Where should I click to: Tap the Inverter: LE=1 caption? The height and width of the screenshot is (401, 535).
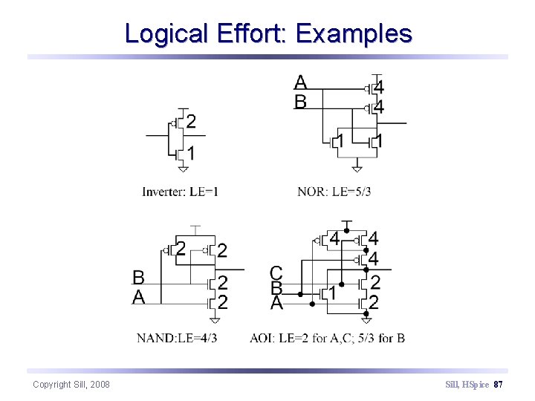coord(180,192)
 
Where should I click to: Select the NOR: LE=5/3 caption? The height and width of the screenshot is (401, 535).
coord(334,192)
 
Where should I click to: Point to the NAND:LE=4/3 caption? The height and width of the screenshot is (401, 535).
coord(177,338)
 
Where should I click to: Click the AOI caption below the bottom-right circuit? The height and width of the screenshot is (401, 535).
coord(327,338)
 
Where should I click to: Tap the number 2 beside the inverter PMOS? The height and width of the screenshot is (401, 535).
coord(191,122)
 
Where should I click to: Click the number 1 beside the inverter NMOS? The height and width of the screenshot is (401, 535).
coord(191,154)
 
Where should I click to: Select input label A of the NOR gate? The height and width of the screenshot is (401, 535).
coord(300,82)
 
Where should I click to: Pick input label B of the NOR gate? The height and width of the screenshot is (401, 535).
coord(300,102)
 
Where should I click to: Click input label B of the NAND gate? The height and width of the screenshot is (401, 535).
coord(138,278)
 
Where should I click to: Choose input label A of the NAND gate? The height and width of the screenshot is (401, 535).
coord(138,297)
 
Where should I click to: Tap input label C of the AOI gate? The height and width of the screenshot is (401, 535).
coord(276,273)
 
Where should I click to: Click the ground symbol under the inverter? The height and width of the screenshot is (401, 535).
coord(182,168)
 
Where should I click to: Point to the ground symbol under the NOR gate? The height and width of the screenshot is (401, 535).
coord(357,168)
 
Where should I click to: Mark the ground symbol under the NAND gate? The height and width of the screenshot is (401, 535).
coord(215,319)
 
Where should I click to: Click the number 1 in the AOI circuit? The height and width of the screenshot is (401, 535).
coord(332,294)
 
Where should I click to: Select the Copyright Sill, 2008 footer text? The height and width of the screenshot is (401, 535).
coord(71,384)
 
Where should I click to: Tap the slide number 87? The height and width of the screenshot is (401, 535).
coord(499,384)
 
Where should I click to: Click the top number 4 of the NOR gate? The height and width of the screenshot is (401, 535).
coord(378,88)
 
